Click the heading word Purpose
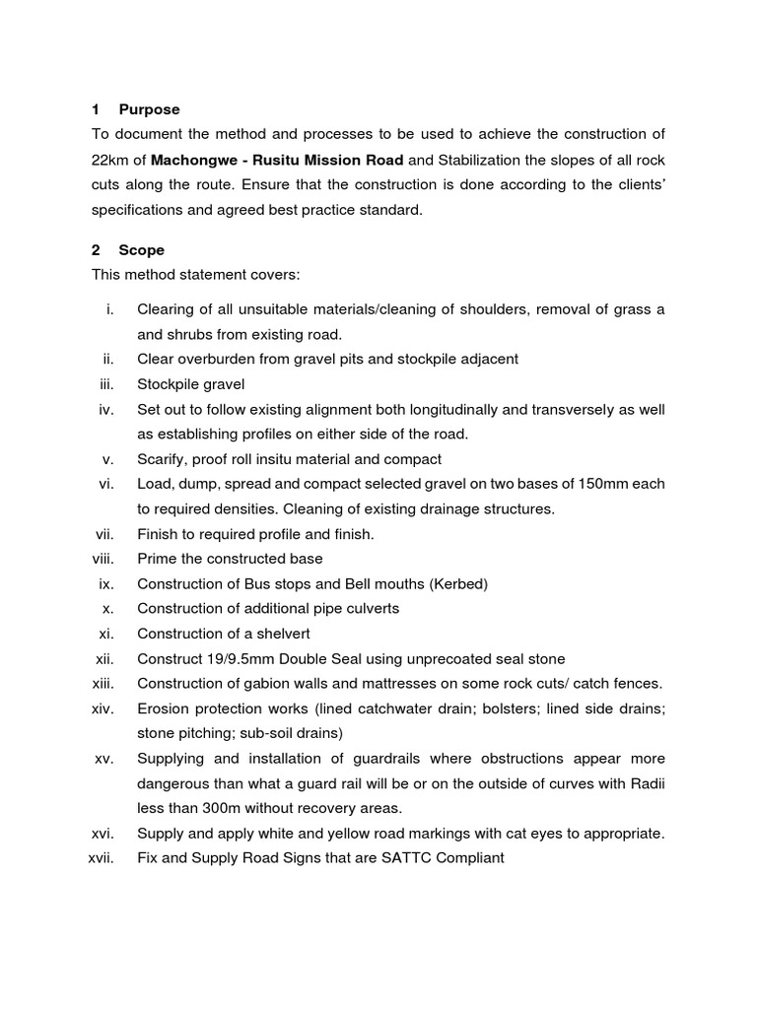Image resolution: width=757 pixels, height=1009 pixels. click(149, 109)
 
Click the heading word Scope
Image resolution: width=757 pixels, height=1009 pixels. click(141, 250)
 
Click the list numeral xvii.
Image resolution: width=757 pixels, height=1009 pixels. click(102, 858)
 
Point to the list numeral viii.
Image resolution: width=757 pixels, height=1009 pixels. click(103, 559)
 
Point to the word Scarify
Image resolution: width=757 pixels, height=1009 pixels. click(163, 459)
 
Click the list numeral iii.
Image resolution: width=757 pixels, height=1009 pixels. click(107, 384)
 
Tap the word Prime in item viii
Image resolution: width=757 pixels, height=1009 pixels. click(157, 559)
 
